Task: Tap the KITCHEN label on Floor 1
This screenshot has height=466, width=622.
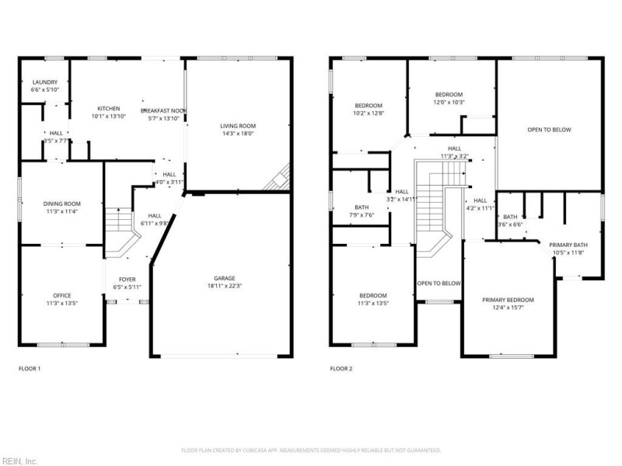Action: [108, 108]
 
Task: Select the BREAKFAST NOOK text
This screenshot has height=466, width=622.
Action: [163, 111]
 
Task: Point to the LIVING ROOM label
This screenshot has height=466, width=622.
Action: [238, 126]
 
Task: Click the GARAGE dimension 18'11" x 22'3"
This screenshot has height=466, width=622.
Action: [225, 287]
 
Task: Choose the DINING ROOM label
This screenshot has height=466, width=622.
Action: [61, 203]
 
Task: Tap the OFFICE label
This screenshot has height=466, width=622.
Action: [61, 295]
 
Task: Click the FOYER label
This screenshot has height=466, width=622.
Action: [127, 279]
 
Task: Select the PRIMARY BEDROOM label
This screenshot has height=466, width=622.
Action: [508, 300]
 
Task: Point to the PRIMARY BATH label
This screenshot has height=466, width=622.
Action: [569, 245]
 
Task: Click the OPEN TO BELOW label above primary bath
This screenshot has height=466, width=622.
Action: [549, 130]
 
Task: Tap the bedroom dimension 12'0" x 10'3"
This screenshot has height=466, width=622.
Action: [449, 103]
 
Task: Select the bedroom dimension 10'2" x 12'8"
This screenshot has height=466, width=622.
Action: [369, 114]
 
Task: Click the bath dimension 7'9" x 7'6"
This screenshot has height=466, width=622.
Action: [362, 215]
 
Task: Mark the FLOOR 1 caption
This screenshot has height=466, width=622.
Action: [29, 368]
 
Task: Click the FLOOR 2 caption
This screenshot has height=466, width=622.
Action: [341, 368]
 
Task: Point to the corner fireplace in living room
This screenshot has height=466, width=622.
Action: [278, 179]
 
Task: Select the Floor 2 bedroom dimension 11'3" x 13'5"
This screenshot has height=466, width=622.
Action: [372, 303]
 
